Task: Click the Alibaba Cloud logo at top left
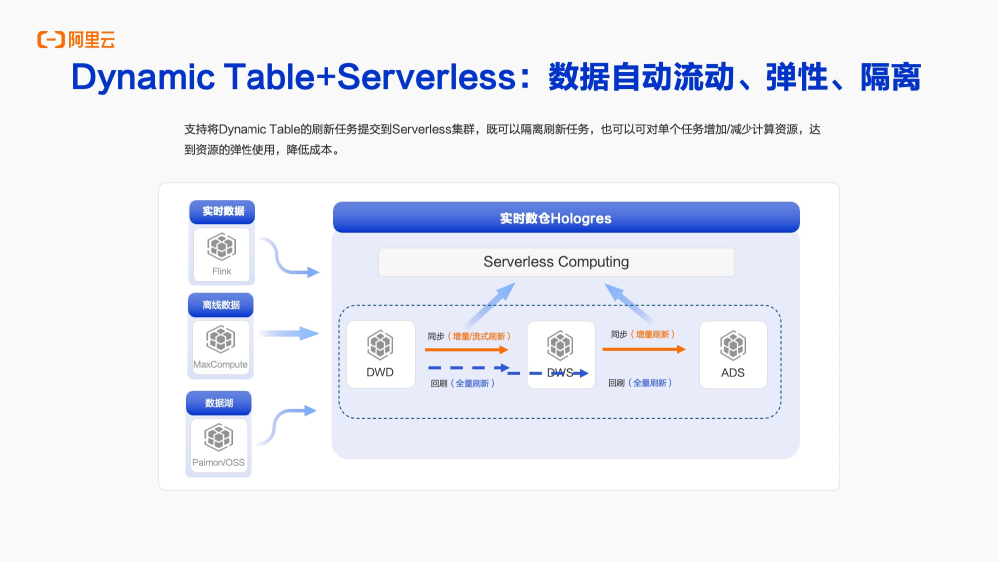tap(76, 40)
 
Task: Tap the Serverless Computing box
tap(556, 262)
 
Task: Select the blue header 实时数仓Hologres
tap(566, 218)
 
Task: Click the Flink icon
tap(221, 246)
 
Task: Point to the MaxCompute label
tap(220, 365)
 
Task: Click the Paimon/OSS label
tap(218, 462)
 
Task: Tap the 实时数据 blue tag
tap(222, 212)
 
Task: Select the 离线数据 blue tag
tap(221, 305)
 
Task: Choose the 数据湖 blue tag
tap(219, 403)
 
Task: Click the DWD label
tap(380, 373)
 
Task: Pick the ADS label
tap(733, 373)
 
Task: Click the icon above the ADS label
tap(733, 345)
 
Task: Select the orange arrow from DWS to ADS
tap(644, 349)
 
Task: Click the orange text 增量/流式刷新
tap(479, 336)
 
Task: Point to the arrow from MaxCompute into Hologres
tap(289, 334)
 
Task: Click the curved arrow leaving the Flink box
tap(288, 260)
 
